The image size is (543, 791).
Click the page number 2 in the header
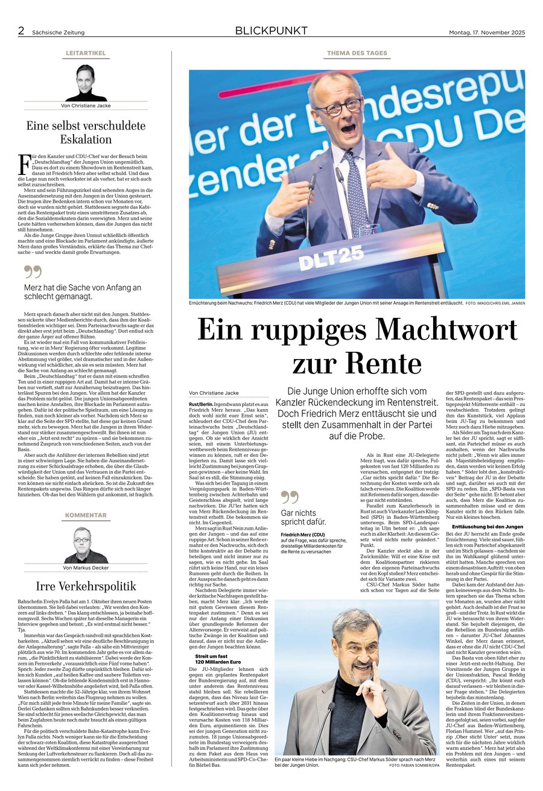21,31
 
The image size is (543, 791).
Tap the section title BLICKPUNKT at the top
271,31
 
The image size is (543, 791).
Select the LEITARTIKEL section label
86,53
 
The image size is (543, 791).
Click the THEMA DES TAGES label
357,53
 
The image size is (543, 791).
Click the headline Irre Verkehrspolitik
86,586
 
